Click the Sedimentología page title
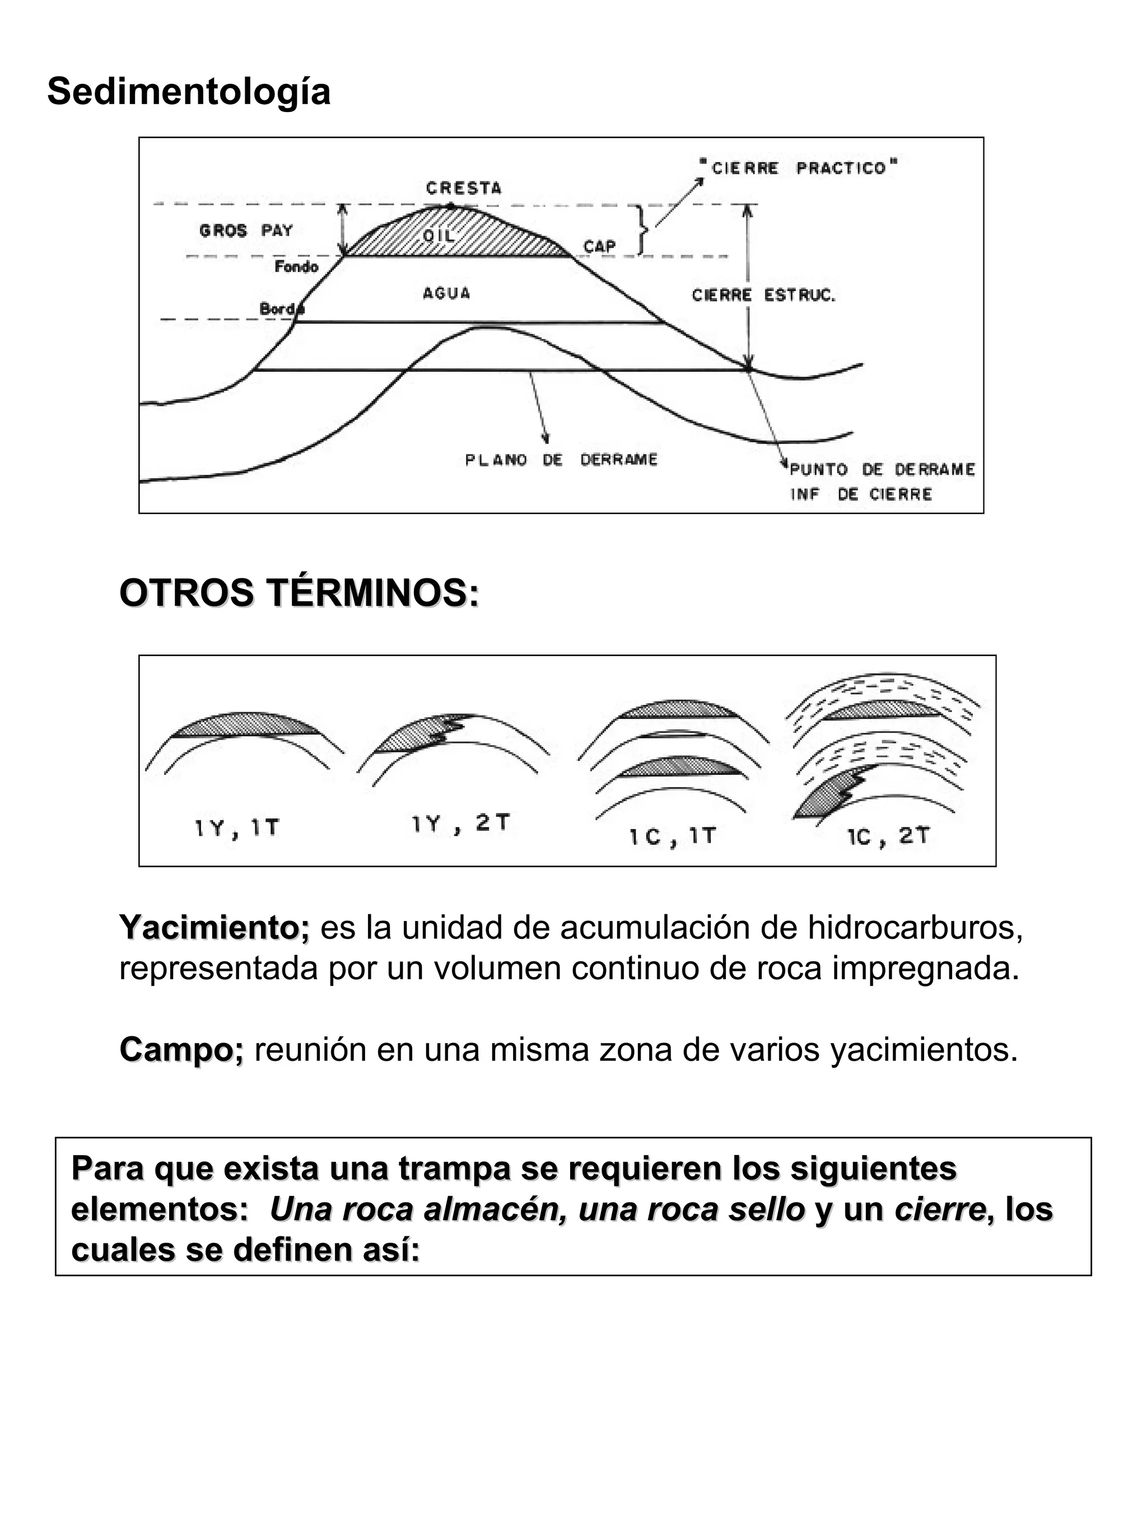click(188, 91)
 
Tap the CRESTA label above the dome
click(463, 188)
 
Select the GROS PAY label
click(245, 231)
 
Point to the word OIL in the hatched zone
click(439, 236)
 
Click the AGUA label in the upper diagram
click(446, 293)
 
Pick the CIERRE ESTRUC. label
click(763, 295)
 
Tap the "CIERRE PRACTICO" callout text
click(799, 168)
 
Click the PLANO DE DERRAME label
click(561, 460)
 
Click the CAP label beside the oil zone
click(599, 247)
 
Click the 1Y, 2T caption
click(460, 823)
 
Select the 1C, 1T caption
click(672, 837)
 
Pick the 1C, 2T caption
click(888, 836)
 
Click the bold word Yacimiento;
click(215, 928)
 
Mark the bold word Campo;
click(181, 1049)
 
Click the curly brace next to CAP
click(643, 230)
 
